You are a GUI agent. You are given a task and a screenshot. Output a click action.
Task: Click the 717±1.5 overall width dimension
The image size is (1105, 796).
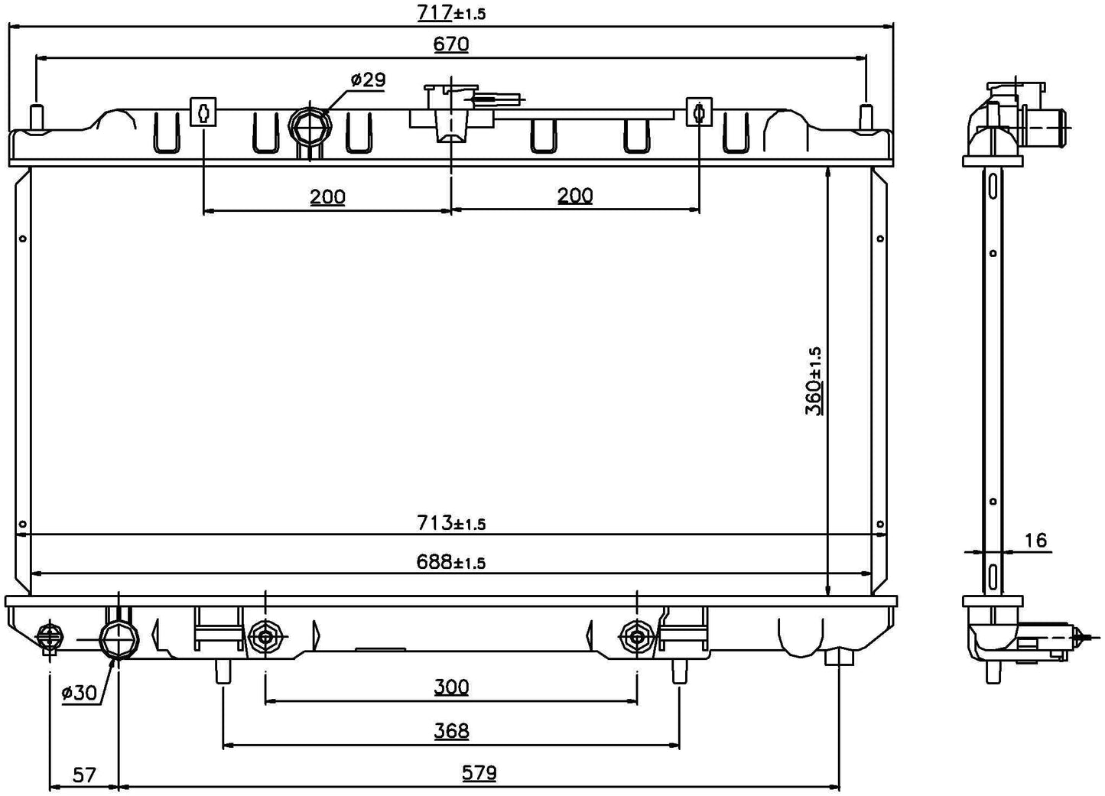pos(451,13)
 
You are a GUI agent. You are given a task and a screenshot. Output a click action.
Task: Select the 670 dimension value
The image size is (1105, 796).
pos(451,44)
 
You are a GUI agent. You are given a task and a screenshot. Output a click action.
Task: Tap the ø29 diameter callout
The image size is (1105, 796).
pos(368,80)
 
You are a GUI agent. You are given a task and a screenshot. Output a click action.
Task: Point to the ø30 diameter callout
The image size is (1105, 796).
pos(79,693)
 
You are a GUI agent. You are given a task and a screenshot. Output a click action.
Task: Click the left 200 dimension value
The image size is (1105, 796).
pos(327,197)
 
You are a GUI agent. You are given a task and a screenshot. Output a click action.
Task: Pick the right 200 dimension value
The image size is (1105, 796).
pos(575,196)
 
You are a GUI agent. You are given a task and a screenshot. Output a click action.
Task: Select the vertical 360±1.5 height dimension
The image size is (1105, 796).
pos(814,381)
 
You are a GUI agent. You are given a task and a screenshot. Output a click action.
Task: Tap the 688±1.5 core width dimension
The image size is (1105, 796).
pos(451,561)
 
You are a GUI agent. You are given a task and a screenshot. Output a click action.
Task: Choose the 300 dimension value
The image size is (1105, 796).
pos(451,687)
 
